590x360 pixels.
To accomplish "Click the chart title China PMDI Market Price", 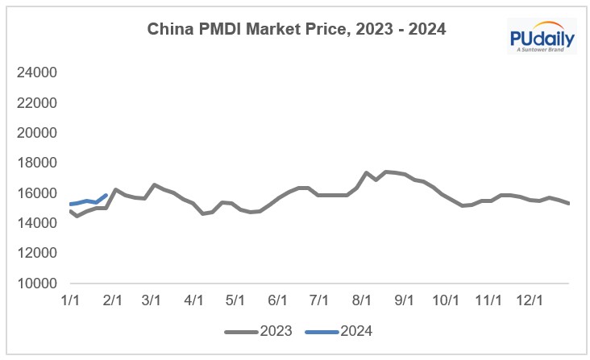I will (x=296, y=30).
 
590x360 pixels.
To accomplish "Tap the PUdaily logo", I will (x=542, y=39).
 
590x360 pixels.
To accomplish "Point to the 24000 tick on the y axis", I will (x=36, y=72).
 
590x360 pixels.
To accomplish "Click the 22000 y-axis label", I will (x=36, y=103).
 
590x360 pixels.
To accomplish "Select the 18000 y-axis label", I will (x=36, y=163).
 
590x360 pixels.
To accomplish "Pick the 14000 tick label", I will (x=36, y=223).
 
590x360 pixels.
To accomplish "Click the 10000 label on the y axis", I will (x=36, y=283).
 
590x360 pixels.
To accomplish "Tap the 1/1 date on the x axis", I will (x=70, y=300).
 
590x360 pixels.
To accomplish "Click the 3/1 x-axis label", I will (x=151, y=300).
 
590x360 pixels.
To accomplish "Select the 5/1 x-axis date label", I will (x=235, y=300).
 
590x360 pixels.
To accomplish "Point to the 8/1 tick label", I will (x=362, y=300).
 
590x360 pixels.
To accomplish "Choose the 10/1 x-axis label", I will (x=446, y=300).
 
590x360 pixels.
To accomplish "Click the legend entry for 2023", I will (x=257, y=330).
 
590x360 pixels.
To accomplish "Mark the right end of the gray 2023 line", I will (x=569, y=203).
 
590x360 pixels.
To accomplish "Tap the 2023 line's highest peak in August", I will (x=387, y=172).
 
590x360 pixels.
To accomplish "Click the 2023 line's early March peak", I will (x=155, y=185).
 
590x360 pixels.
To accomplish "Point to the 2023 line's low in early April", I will (x=202, y=213).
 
